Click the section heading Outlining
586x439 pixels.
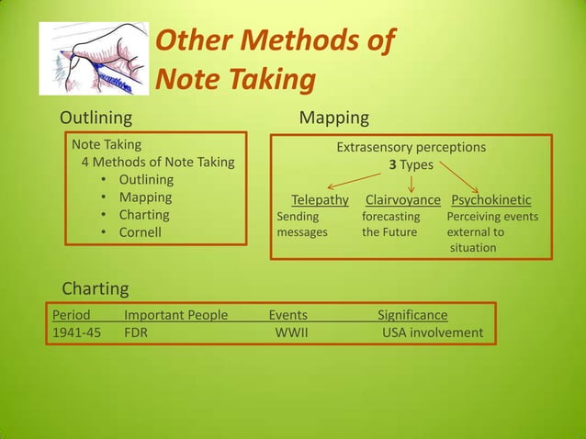pos(96,118)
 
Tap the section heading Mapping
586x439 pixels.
pos(334,118)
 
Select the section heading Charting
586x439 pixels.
pos(95,288)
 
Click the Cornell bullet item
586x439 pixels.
pos(140,232)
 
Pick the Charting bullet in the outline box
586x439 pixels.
pos(144,215)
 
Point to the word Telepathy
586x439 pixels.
pos(320,200)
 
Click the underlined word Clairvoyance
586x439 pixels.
pos(402,200)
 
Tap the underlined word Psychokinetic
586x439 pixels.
pos(491,200)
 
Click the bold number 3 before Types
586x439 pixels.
pos(390,164)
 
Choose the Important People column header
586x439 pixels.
pos(175,315)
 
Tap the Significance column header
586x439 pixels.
pos(412,315)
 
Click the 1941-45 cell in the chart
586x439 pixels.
pos(76,332)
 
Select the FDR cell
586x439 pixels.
pos(136,332)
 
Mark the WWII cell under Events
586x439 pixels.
pos(291,332)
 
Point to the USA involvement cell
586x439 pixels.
pos(432,332)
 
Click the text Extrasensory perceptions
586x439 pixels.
pos(411,147)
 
